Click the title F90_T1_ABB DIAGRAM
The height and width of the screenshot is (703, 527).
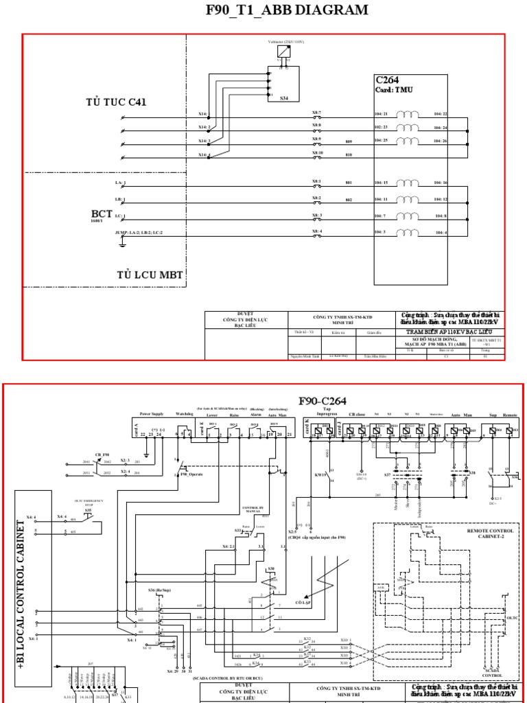tap(277, 10)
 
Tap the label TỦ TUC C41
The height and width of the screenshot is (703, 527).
tap(116, 102)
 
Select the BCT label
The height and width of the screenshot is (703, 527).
tap(101, 214)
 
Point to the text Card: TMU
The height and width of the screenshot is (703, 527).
tap(394, 90)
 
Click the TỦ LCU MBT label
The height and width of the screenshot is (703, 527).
tap(150, 275)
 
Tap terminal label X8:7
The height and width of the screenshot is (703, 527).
tap(317, 112)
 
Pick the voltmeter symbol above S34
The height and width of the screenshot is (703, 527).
tap(282, 53)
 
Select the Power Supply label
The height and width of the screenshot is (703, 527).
tap(152, 415)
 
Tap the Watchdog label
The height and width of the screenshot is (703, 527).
tap(185, 415)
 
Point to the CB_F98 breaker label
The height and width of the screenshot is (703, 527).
tap(103, 454)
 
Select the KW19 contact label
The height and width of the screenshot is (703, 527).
tap(320, 474)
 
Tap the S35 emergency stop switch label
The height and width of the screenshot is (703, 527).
tap(89, 511)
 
